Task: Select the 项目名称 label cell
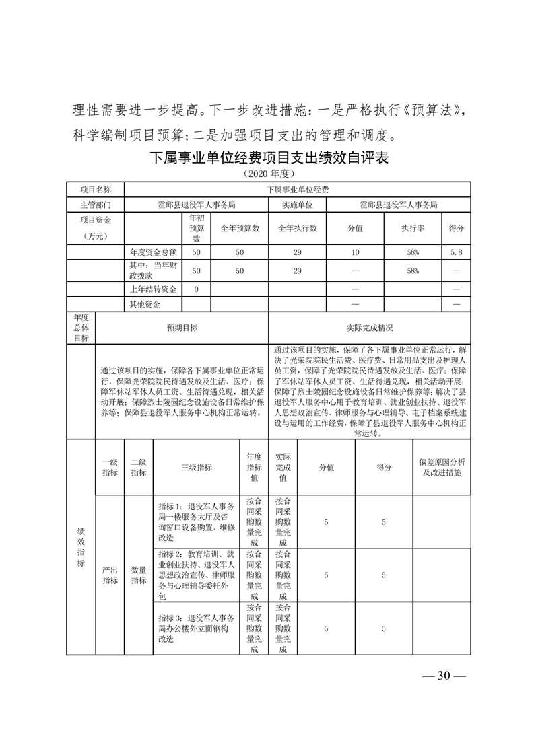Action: [94, 190]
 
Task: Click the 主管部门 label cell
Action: [94, 205]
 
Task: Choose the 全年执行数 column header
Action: [298, 228]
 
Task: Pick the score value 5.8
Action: [456, 252]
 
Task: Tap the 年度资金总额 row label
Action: [153, 252]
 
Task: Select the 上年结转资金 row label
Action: [153, 289]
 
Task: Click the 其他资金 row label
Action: [145, 304]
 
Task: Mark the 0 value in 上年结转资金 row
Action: [197, 289]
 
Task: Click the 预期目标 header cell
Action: [182, 328]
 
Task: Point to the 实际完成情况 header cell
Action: [370, 328]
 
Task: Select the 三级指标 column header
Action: [197, 468]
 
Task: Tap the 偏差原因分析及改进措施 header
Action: [441, 468]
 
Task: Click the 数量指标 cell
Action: [139, 575]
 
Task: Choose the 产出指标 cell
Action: [110, 575]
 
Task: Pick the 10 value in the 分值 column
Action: [355, 252]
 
